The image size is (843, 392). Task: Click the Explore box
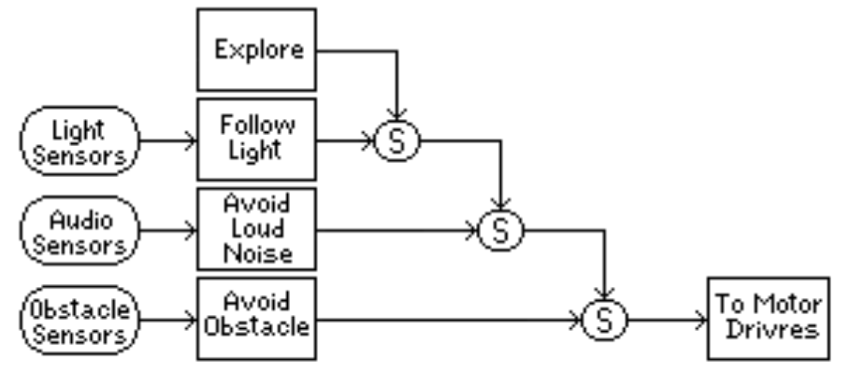(256, 50)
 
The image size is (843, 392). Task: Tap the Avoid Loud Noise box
(256, 228)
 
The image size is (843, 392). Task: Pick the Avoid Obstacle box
(256, 319)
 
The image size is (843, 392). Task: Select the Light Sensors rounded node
(79, 140)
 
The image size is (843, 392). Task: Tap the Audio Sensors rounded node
(79, 230)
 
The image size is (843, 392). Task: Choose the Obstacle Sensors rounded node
(79, 319)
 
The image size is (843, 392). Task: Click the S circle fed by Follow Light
(397, 140)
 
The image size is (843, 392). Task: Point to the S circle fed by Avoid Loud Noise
(500, 230)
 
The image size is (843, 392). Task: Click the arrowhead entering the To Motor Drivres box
(701, 319)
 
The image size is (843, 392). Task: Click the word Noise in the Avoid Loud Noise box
(257, 253)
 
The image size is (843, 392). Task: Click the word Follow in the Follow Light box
(257, 125)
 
